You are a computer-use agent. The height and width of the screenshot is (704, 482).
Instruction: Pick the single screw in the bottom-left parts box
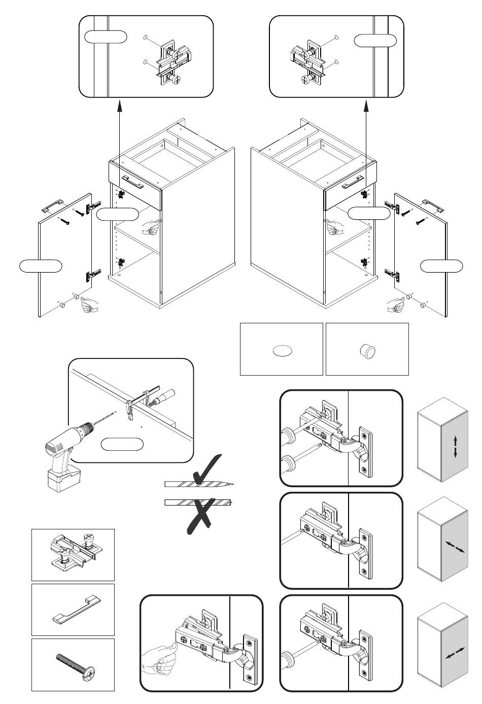point(73,664)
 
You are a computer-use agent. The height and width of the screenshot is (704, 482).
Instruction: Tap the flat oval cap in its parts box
point(282,351)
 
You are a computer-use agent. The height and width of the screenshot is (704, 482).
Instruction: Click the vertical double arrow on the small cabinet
point(455,446)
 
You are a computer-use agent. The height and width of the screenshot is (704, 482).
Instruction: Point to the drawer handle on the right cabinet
point(352,184)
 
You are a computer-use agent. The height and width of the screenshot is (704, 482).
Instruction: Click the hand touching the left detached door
point(89,305)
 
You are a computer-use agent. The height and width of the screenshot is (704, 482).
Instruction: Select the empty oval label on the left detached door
point(41,265)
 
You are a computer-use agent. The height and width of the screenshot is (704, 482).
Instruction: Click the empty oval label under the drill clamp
point(122,445)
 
